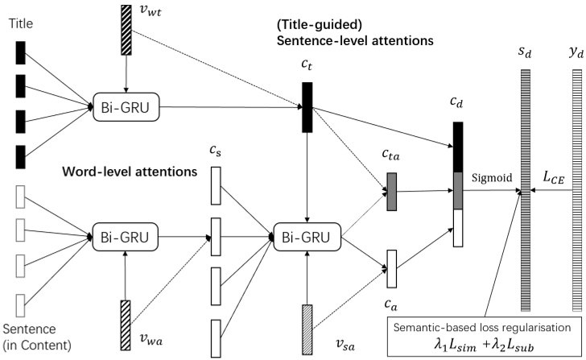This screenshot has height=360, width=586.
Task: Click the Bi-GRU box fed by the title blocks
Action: (125, 105)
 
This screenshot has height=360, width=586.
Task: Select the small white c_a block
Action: (391, 268)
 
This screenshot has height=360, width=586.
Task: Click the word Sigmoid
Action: (489, 172)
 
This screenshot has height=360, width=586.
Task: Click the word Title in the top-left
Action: (20, 25)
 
